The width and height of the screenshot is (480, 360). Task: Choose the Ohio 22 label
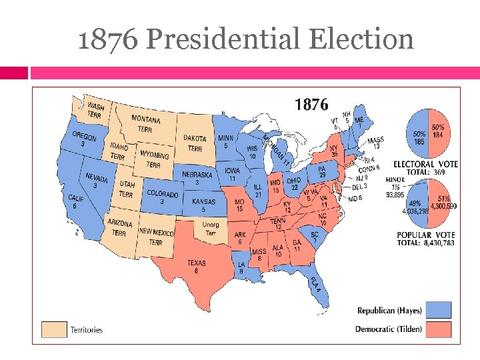point(294,183)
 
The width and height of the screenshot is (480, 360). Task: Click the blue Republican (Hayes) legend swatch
point(439,310)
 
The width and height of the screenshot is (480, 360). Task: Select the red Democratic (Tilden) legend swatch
point(439,329)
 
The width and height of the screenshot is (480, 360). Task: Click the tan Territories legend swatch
point(55,329)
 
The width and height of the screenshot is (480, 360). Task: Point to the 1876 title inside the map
point(311,105)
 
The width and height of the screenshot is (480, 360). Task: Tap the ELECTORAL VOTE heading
point(425,164)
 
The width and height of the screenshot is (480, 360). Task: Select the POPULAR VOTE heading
point(425,235)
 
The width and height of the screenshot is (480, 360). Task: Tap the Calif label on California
point(76,202)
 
